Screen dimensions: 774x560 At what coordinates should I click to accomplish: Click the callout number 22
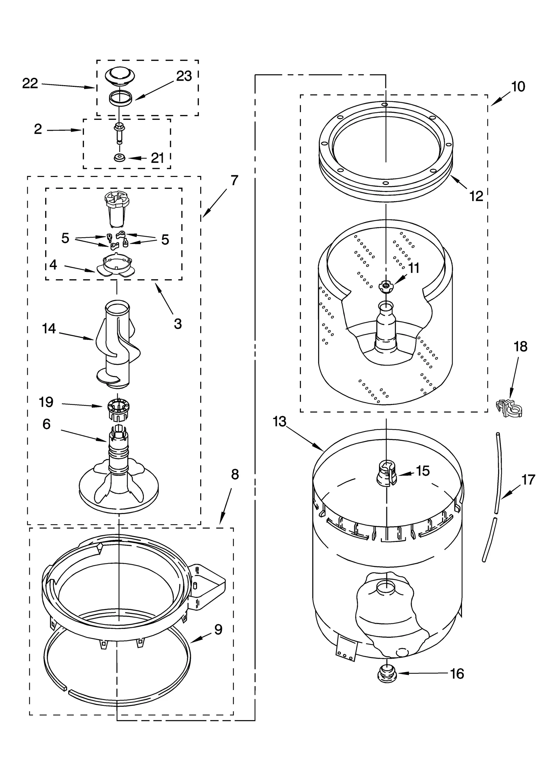[x=30, y=83]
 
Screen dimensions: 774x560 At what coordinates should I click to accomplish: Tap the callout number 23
[x=184, y=76]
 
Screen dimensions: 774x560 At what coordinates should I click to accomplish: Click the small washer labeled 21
[x=120, y=158]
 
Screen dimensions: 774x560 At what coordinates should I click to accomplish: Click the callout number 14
[x=49, y=329]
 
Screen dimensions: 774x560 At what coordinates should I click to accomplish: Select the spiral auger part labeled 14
[x=117, y=345]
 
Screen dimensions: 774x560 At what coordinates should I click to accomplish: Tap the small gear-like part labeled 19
[x=117, y=409]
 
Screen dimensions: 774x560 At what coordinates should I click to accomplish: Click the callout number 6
[x=47, y=424]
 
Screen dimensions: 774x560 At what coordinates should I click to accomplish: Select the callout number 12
[x=476, y=196]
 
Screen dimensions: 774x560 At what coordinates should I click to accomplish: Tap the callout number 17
[x=528, y=479]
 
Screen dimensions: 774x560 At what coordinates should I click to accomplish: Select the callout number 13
[x=279, y=422]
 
